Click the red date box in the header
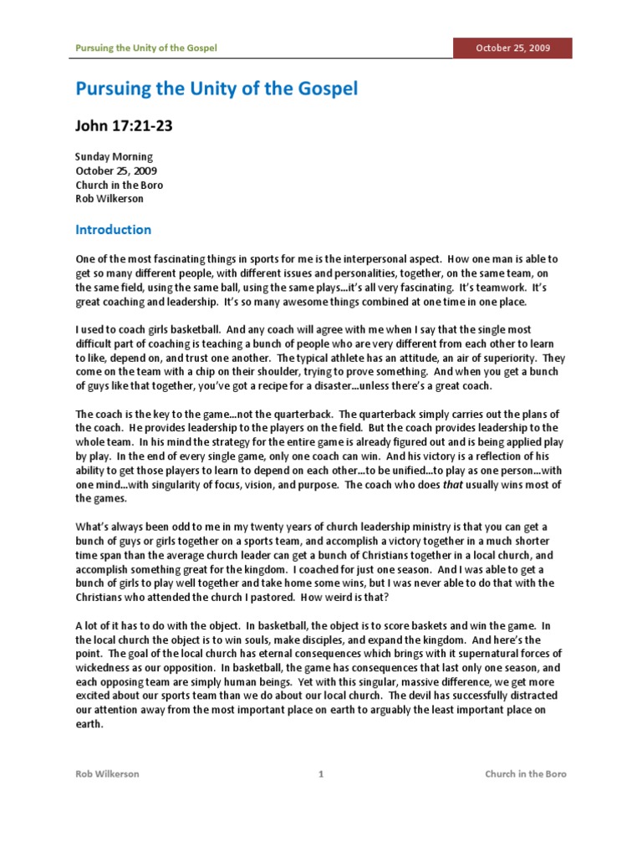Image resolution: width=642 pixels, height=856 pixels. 512,48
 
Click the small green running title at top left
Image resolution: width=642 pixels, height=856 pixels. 146,48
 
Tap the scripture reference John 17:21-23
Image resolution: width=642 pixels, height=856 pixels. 125,126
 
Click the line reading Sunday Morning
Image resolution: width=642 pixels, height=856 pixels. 114,156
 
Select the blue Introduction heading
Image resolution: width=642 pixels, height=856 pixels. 114,229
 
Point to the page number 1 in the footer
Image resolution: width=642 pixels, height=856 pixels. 321,774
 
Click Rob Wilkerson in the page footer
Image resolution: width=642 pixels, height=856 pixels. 107,774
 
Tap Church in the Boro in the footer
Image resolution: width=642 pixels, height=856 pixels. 526,774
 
